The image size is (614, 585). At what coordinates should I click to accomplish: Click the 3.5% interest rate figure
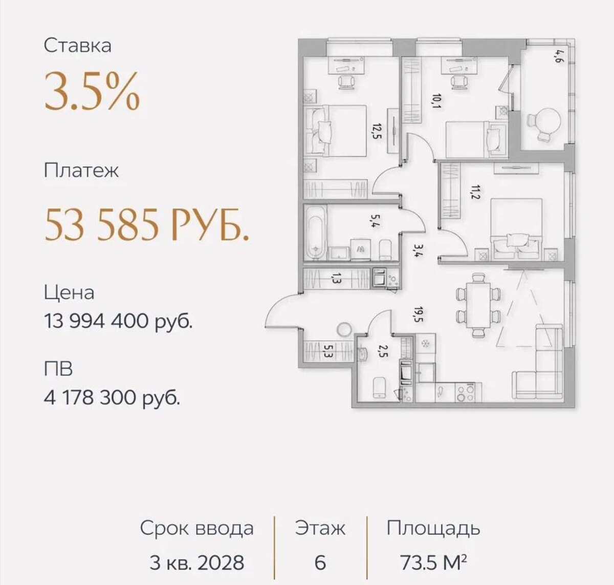click(92, 91)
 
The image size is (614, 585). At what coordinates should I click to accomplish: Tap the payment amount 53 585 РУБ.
click(147, 224)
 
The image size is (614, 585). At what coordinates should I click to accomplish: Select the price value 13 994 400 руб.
click(118, 321)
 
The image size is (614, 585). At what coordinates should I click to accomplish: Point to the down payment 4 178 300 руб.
click(112, 399)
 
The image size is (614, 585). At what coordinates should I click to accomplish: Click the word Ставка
click(77, 46)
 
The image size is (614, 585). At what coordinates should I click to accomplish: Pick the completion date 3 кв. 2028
click(197, 562)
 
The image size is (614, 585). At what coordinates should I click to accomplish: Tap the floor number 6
click(320, 562)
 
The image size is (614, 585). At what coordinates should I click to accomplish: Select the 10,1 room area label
click(436, 101)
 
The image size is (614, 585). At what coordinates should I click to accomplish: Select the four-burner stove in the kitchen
click(465, 392)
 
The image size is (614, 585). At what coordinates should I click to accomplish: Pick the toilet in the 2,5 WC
click(380, 388)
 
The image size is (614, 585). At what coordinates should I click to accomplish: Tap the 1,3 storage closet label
click(336, 277)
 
